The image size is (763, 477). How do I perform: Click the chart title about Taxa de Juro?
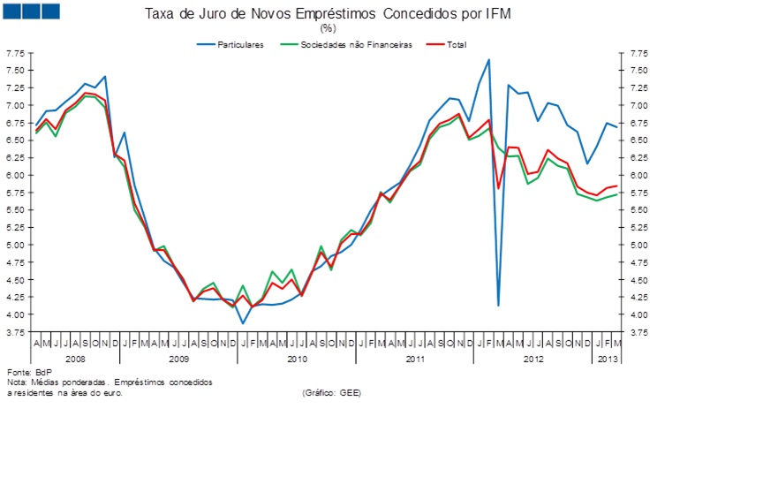328,15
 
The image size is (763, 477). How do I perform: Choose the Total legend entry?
456,45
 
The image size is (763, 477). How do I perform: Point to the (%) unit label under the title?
328,29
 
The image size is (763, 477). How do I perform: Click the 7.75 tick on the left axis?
15,53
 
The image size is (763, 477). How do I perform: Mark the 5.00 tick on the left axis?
15,245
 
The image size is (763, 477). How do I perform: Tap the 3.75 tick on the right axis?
638,332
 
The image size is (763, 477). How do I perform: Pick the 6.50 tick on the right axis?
638,140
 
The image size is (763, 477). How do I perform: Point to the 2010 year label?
297,359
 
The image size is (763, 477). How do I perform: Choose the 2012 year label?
533,359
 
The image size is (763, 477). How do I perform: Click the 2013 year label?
608,359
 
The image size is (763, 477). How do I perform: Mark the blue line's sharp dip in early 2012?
499,305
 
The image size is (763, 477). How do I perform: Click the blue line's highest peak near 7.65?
489,60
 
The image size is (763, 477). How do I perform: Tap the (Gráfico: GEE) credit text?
331,392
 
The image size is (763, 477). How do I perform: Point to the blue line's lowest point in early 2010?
243,323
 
